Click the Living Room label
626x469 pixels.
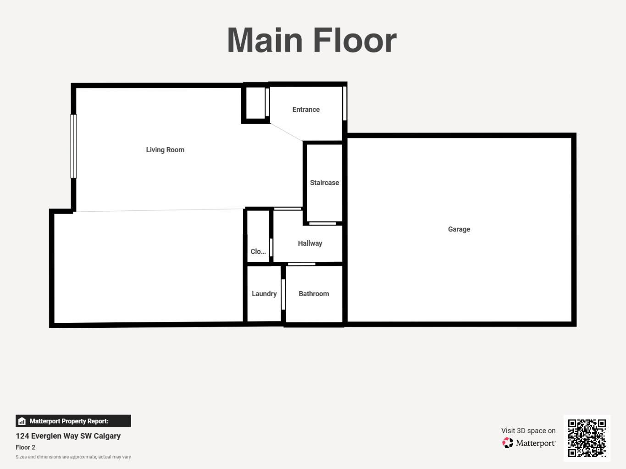[x=165, y=149]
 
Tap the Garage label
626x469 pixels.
[x=459, y=229]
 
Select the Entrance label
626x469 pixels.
[x=306, y=109]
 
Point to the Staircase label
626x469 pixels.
[x=324, y=182]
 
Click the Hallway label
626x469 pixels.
[x=310, y=243]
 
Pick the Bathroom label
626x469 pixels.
[x=314, y=294]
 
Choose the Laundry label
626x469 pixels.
[x=264, y=294]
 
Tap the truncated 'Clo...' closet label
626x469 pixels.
[x=258, y=252]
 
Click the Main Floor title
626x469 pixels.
[x=312, y=40]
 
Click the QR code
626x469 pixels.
[x=587, y=438]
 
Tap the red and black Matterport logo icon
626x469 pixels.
[x=507, y=443]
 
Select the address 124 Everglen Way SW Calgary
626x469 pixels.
[x=68, y=436]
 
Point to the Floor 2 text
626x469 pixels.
[x=25, y=447]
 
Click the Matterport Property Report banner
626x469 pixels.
[x=73, y=421]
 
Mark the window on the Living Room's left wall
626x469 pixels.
[x=73, y=146]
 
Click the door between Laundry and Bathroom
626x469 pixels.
[x=283, y=294]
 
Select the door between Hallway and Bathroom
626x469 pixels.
[x=301, y=264]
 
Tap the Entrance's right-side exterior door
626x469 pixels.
[x=344, y=103]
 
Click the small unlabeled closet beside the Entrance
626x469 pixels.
[x=255, y=103]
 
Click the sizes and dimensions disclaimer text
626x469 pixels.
[x=73, y=457]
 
